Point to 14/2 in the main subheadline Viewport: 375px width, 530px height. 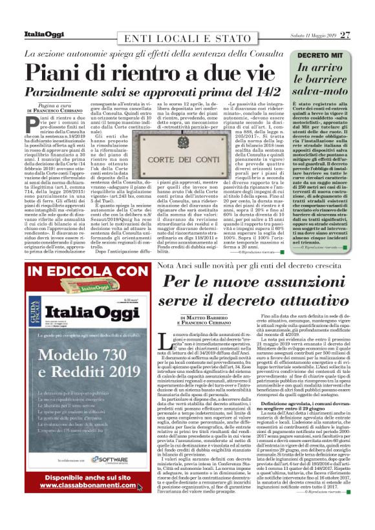pos(264,92)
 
